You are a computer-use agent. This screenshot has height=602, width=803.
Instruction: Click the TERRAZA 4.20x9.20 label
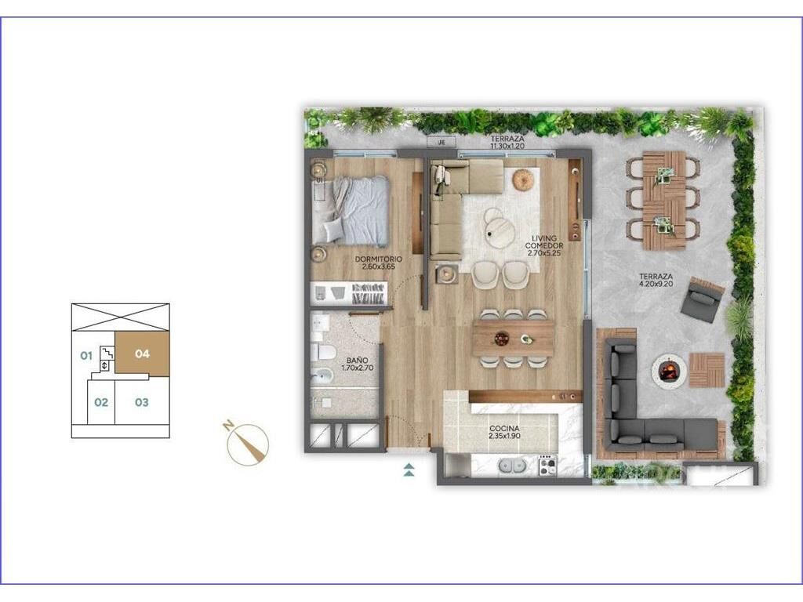[656, 280]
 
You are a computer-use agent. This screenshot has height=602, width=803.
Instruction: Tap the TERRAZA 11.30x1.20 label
[507, 143]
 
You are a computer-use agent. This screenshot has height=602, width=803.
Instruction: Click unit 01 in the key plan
[86, 355]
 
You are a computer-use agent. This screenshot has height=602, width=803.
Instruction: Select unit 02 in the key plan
[101, 402]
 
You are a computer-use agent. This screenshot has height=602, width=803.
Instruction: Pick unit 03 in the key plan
[142, 402]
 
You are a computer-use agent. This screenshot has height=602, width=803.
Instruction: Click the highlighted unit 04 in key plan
[143, 354]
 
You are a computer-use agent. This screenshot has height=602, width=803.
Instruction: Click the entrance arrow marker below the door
[409, 470]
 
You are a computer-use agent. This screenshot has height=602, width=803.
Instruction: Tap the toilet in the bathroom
[324, 352]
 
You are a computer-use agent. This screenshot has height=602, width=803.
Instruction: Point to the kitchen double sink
[512, 466]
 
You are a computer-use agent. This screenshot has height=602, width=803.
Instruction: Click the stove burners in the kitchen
[547, 465]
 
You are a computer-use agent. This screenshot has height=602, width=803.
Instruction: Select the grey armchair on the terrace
[703, 299]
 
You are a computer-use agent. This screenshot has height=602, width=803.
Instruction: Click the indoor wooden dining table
[513, 338]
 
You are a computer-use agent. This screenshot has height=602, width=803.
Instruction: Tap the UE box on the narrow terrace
[441, 143]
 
